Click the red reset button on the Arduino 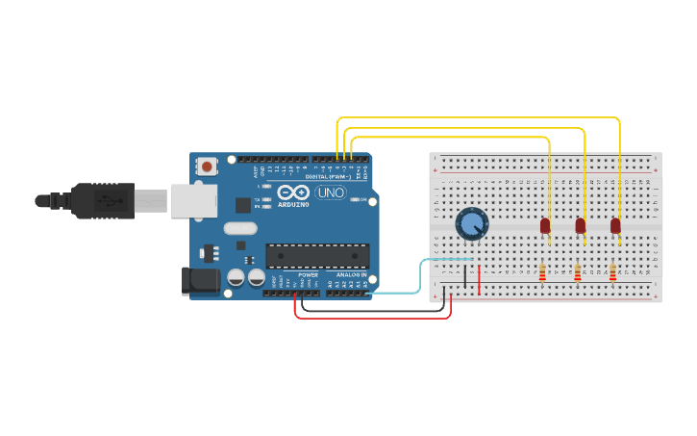click(207, 167)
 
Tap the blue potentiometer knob click(471, 224)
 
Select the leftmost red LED click(545, 225)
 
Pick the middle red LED click(581, 225)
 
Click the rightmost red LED click(615, 225)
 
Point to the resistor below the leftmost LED click(542, 273)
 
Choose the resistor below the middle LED click(578, 273)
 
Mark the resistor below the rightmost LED click(612, 273)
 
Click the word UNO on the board click(331, 192)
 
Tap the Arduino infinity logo click(291, 192)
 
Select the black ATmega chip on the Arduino click(317, 255)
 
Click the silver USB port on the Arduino click(193, 200)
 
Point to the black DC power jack click(200, 281)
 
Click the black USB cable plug click(101, 201)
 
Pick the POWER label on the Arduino click(308, 275)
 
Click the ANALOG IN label click(347, 275)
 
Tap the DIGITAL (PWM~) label click(327, 177)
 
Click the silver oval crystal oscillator click(240, 229)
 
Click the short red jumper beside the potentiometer click(479, 277)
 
